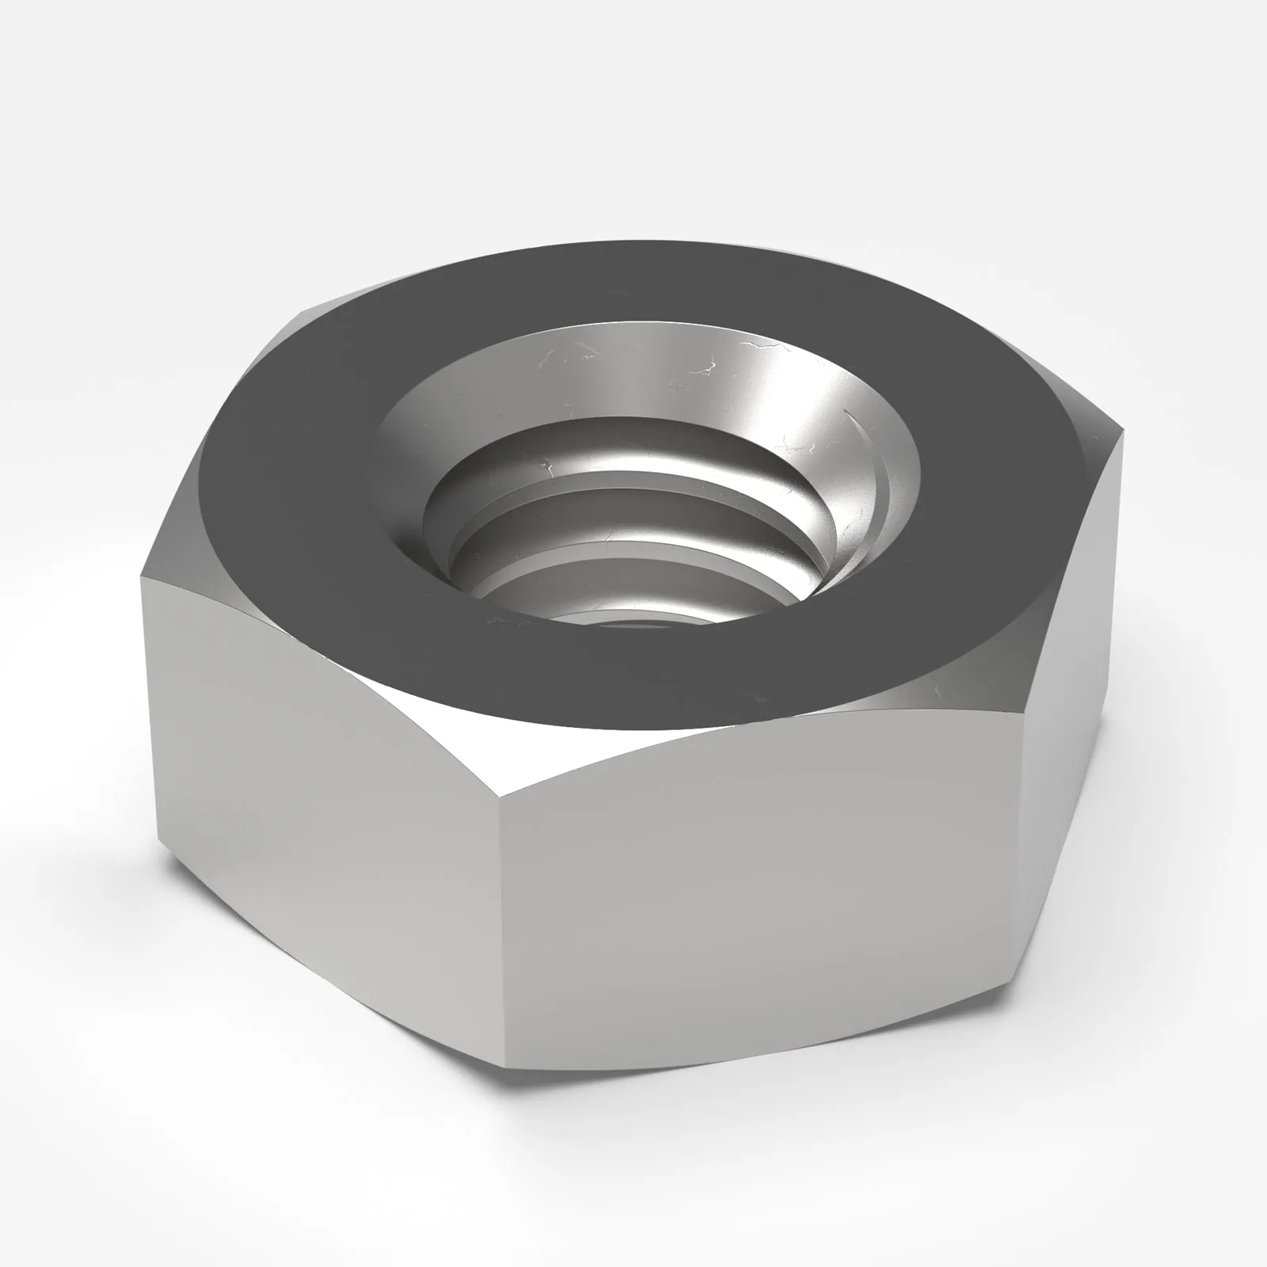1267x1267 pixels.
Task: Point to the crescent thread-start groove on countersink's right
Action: tap(875, 467)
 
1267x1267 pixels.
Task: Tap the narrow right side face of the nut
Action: tap(1069, 713)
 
